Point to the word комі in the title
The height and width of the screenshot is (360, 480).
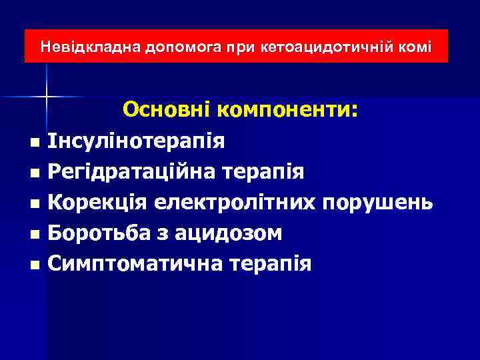click(418, 47)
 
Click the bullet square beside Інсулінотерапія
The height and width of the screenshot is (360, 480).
click(34, 143)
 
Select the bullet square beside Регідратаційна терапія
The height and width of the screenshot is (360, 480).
click(34, 173)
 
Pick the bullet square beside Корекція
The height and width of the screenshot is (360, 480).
click(34, 204)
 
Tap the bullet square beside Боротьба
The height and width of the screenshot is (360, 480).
click(34, 235)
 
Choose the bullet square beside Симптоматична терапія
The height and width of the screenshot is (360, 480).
click(34, 265)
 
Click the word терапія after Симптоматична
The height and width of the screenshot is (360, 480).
click(270, 265)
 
